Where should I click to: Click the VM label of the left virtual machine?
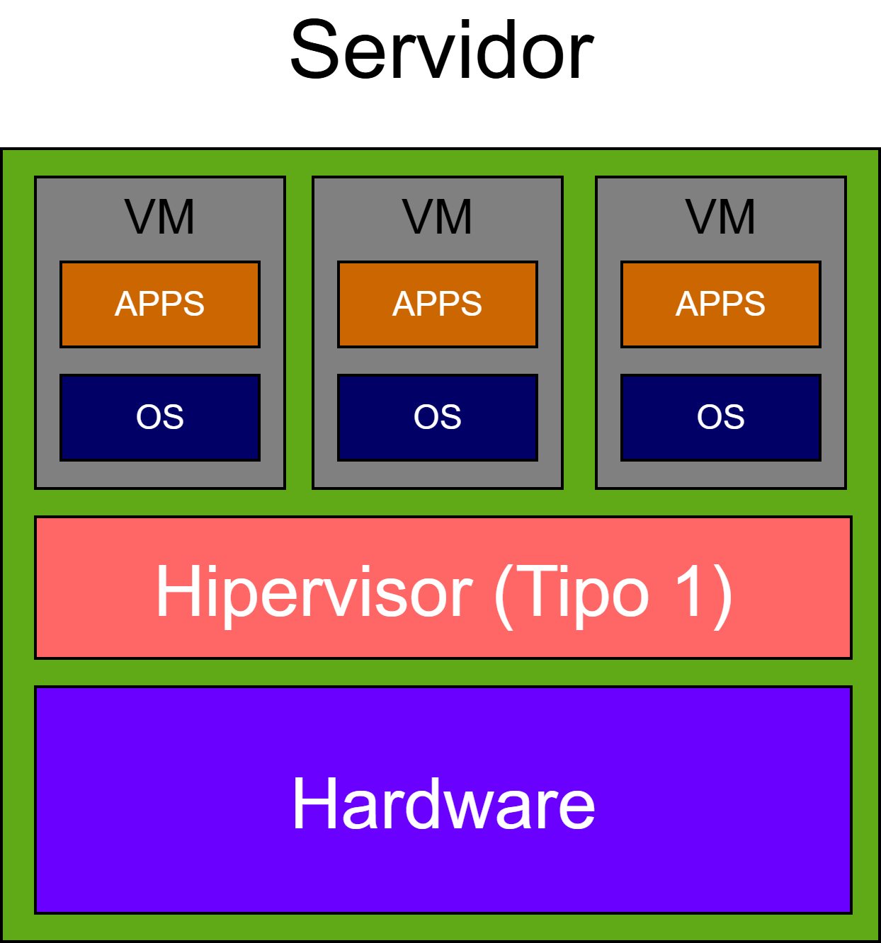click(159, 217)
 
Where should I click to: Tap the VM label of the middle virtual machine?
click(437, 217)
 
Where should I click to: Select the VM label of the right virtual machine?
click(720, 217)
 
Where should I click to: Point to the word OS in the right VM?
click(721, 417)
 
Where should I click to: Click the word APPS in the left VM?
click(160, 304)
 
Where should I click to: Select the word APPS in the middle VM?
click(438, 304)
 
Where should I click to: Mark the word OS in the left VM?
click(160, 417)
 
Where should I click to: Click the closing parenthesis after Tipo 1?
click(723, 595)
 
